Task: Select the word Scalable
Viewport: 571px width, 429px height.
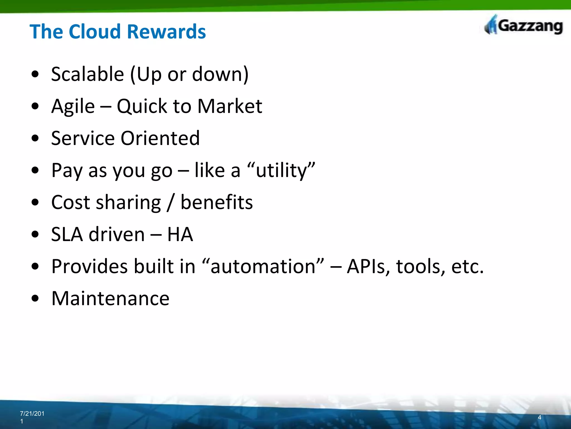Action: (x=88, y=74)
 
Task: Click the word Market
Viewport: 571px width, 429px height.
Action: (x=230, y=106)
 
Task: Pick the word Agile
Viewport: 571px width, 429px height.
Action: (x=73, y=106)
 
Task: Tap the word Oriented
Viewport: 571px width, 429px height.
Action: (x=160, y=138)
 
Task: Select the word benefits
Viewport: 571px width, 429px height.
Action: (x=217, y=202)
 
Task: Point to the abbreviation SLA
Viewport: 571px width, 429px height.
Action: (x=67, y=234)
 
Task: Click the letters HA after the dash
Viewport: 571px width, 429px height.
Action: (x=180, y=234)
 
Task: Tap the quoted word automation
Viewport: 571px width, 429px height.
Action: (x=263, y=266)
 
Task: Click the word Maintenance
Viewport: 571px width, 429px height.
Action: (x=110, y=298)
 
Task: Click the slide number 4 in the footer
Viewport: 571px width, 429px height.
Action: (x=539, y=417)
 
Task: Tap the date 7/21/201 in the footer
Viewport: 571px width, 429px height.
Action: (x=32, y=414)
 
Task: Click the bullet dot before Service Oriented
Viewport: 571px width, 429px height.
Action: (x=35, y=138)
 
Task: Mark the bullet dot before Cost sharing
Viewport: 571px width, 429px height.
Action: (x=35, y=202)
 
